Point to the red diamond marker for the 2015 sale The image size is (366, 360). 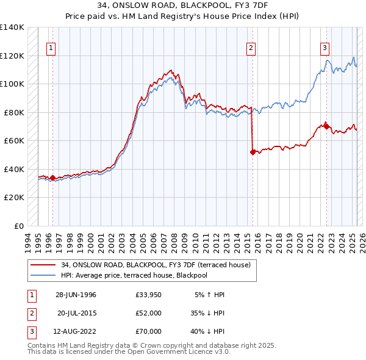pos(252,152)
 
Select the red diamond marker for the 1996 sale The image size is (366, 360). pos(52,178)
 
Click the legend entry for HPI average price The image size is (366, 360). pos(134,275)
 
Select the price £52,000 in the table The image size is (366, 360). pos(148,313)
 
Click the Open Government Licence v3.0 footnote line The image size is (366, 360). pos(128,352)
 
